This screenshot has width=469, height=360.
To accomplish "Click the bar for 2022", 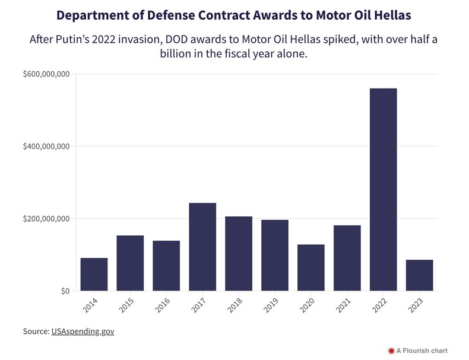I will (x=384, y=190).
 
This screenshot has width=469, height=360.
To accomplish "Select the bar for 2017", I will (x=202, y=247).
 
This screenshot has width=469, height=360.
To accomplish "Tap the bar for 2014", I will (x=94, y=274).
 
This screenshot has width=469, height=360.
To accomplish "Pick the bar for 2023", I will (x=420, y=275).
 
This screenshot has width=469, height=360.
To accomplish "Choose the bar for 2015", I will (x=130, y=263).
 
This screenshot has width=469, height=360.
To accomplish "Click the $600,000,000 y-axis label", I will (x=46, y=74).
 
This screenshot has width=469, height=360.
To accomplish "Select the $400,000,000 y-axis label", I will (x=46, y=147).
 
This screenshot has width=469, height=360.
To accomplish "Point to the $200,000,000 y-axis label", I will (x=46, y=219).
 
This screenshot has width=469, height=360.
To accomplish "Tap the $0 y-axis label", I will (x=66, y=291).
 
